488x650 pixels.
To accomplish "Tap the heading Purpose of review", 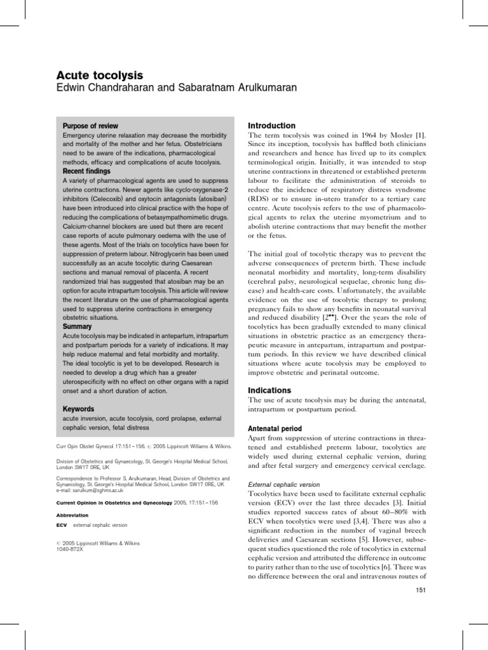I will [x=90, y=126].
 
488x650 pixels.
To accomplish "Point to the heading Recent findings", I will [x=87, y=171].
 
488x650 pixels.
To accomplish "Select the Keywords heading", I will [x=79, y=409].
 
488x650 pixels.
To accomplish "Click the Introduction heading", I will [x=271, y=126].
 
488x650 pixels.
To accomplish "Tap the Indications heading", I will [x=269, y=390].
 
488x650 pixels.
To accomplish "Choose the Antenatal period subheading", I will [x=274, y=429].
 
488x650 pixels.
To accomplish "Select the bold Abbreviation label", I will [x=72, y=515].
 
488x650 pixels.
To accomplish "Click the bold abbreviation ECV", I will [x=62, y=526].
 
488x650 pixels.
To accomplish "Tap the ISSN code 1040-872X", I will [x=69, y=549].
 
